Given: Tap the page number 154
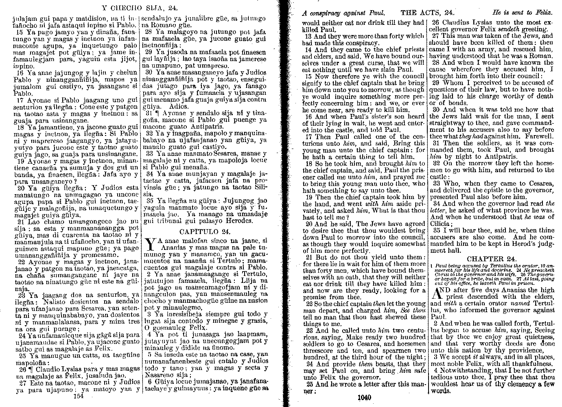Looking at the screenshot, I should point(77,395).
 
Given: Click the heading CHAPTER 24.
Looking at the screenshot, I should point(491,259).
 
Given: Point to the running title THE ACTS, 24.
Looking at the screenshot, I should point(427,13).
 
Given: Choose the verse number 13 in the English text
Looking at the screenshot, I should point(308,36).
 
